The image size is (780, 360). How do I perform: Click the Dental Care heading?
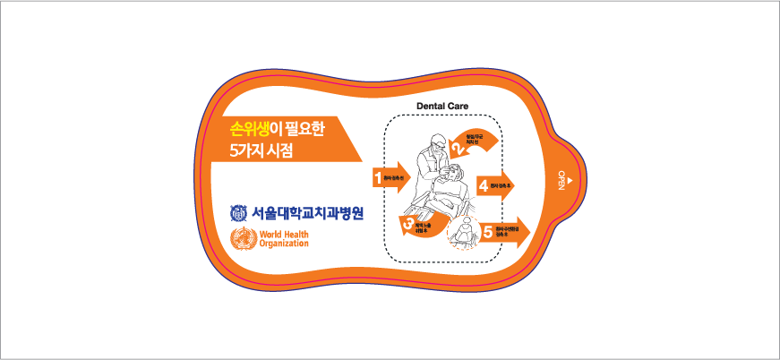(442, 106)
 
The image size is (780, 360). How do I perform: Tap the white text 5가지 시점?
(261, 151)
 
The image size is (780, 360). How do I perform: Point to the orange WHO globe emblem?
(243, 239)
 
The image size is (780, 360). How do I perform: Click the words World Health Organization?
(283, 239)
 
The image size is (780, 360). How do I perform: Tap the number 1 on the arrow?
(378, 177)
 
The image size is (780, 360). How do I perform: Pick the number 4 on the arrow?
(484, 186)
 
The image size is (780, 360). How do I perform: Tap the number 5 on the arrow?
(488, 231)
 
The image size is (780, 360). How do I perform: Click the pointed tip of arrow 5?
(529, 231)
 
